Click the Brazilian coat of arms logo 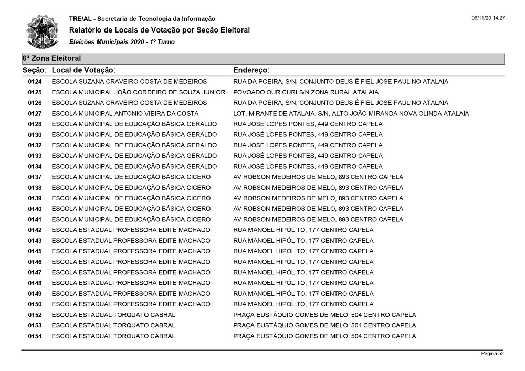(43, 31)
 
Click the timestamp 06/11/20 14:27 (488, 18)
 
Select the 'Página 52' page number (492, 354)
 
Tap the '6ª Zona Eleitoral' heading (51, 59)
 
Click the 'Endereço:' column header (251, 70)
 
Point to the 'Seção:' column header (35, 70)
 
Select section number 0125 (35, 92)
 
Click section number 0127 (35, 113)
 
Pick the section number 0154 (35, 336)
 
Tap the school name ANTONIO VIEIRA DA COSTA (125, 113)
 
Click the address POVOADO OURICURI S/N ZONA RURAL (306, 92)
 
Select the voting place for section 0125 (138, 92)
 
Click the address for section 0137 (318, 177)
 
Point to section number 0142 (35, 230)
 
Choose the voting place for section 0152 (113, 315)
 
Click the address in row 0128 (308, 124)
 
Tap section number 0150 (35, 304)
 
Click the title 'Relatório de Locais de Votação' (160, 30)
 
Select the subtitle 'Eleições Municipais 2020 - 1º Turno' (122, 41)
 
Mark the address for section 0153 (324, 325)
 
